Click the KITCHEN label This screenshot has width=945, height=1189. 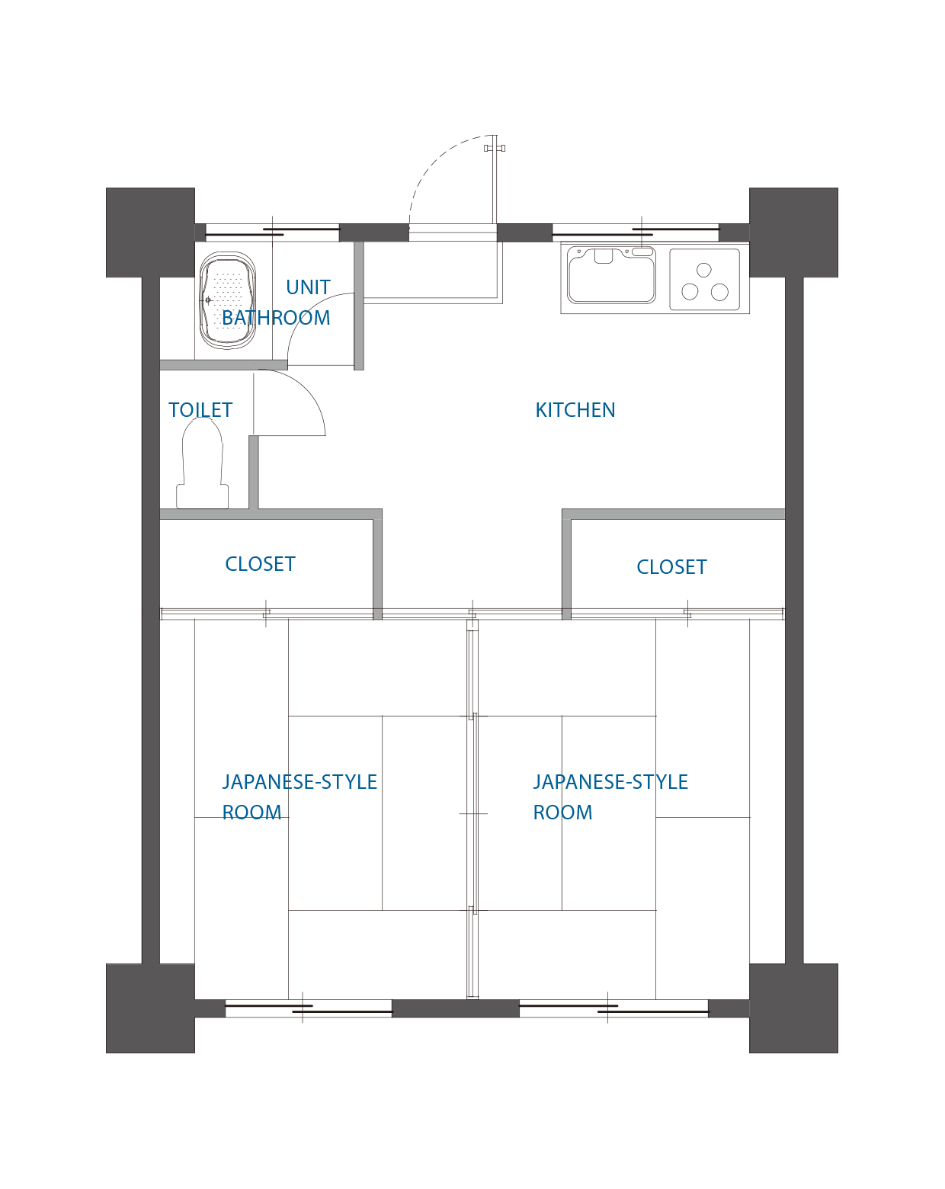575,410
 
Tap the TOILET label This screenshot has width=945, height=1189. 200,410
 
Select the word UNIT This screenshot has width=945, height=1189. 308,287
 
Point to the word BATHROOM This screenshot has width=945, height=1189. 276,318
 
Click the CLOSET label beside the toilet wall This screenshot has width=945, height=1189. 260,564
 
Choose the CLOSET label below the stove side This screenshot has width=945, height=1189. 671,567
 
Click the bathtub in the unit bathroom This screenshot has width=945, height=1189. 227,300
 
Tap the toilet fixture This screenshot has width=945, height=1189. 202,463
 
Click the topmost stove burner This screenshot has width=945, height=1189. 703,270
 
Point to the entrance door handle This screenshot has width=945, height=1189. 495,148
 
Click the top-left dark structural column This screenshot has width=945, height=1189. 150,232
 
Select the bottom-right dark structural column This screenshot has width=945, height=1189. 793,1008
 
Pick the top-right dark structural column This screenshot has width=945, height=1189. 793,232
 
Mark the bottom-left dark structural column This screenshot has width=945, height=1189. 150,1008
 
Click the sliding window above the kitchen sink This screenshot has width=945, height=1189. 636,232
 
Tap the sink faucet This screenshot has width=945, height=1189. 604,256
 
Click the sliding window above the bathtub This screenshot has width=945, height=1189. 272,232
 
